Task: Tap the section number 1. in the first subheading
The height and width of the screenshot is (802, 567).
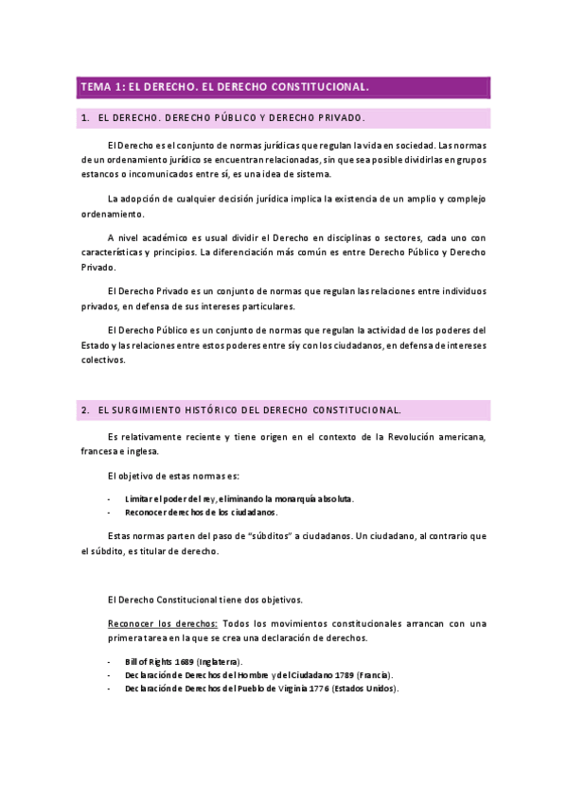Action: click(x=85, y=118)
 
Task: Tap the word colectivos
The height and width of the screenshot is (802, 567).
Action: click(x=102, y=359)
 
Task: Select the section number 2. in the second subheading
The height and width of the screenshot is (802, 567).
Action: click(x=85, y=410)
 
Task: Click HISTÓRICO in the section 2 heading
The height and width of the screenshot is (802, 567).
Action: click(x=204, y=410)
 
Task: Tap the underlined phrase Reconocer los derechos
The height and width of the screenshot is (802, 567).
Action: click(x=163, y=623)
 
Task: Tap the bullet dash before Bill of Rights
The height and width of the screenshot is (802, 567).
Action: click(x=111, y=661)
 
